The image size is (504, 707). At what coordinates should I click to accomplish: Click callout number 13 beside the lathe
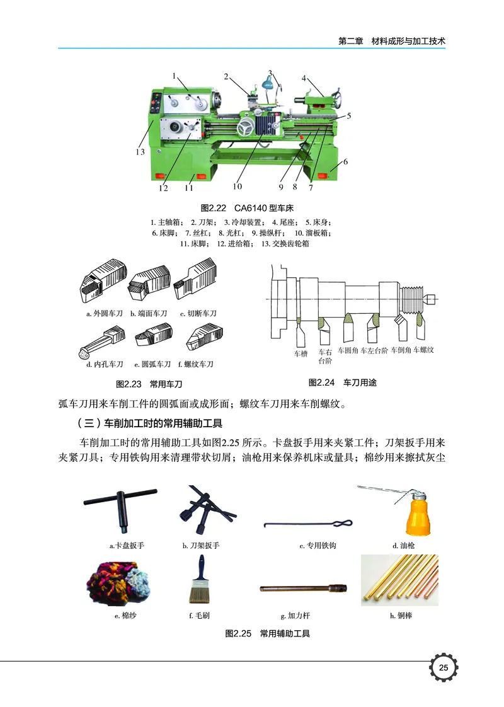coord(139,152)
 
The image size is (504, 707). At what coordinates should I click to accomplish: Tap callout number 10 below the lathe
coord(237,186)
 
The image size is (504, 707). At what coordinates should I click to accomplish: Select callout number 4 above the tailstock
coord(304,79)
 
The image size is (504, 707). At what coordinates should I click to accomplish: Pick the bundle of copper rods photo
coord(399,580)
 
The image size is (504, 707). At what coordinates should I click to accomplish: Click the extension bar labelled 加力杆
coord(304,589)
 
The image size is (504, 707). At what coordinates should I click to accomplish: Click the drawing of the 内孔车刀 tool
coord(101,340)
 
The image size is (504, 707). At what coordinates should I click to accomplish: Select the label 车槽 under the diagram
coord(301,354)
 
